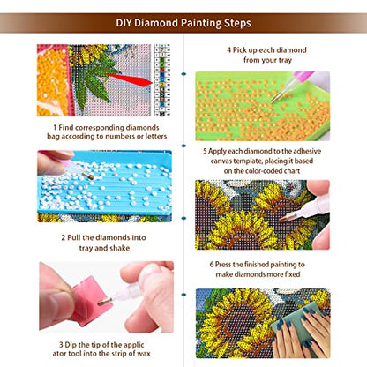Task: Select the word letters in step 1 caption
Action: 134,138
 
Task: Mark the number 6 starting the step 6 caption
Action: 212,265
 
